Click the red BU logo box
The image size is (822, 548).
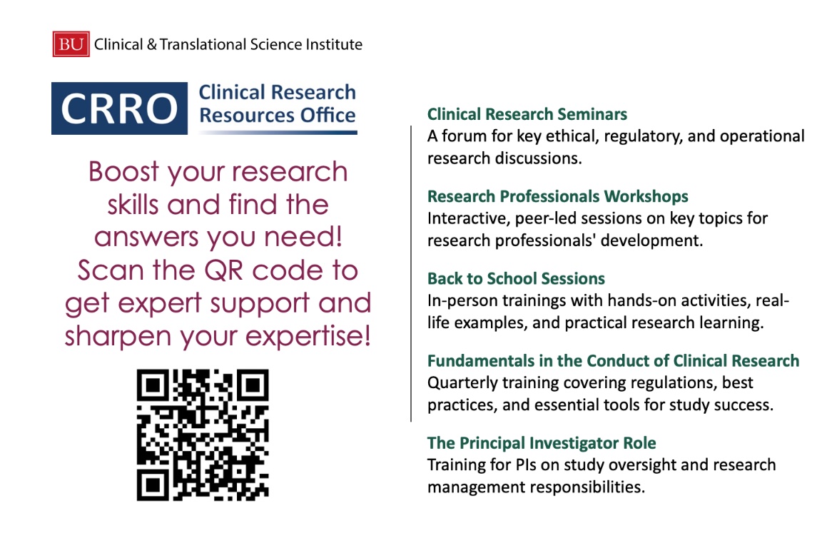pyautogui.click(x=71, y=44)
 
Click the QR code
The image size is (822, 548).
pyautogui.click(x=203, y=434)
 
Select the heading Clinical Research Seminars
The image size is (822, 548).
pyautogui.click(x=527, y=114)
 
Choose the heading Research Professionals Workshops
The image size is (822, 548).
pyautogui.click(x=558, y=196)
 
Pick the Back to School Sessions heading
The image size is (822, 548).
pyautogui.click(x=516, y=278)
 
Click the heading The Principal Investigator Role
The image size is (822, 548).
pyautogui.click(x=542, y=443)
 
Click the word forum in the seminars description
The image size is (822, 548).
pyautogui.click(x=464, y=136)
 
